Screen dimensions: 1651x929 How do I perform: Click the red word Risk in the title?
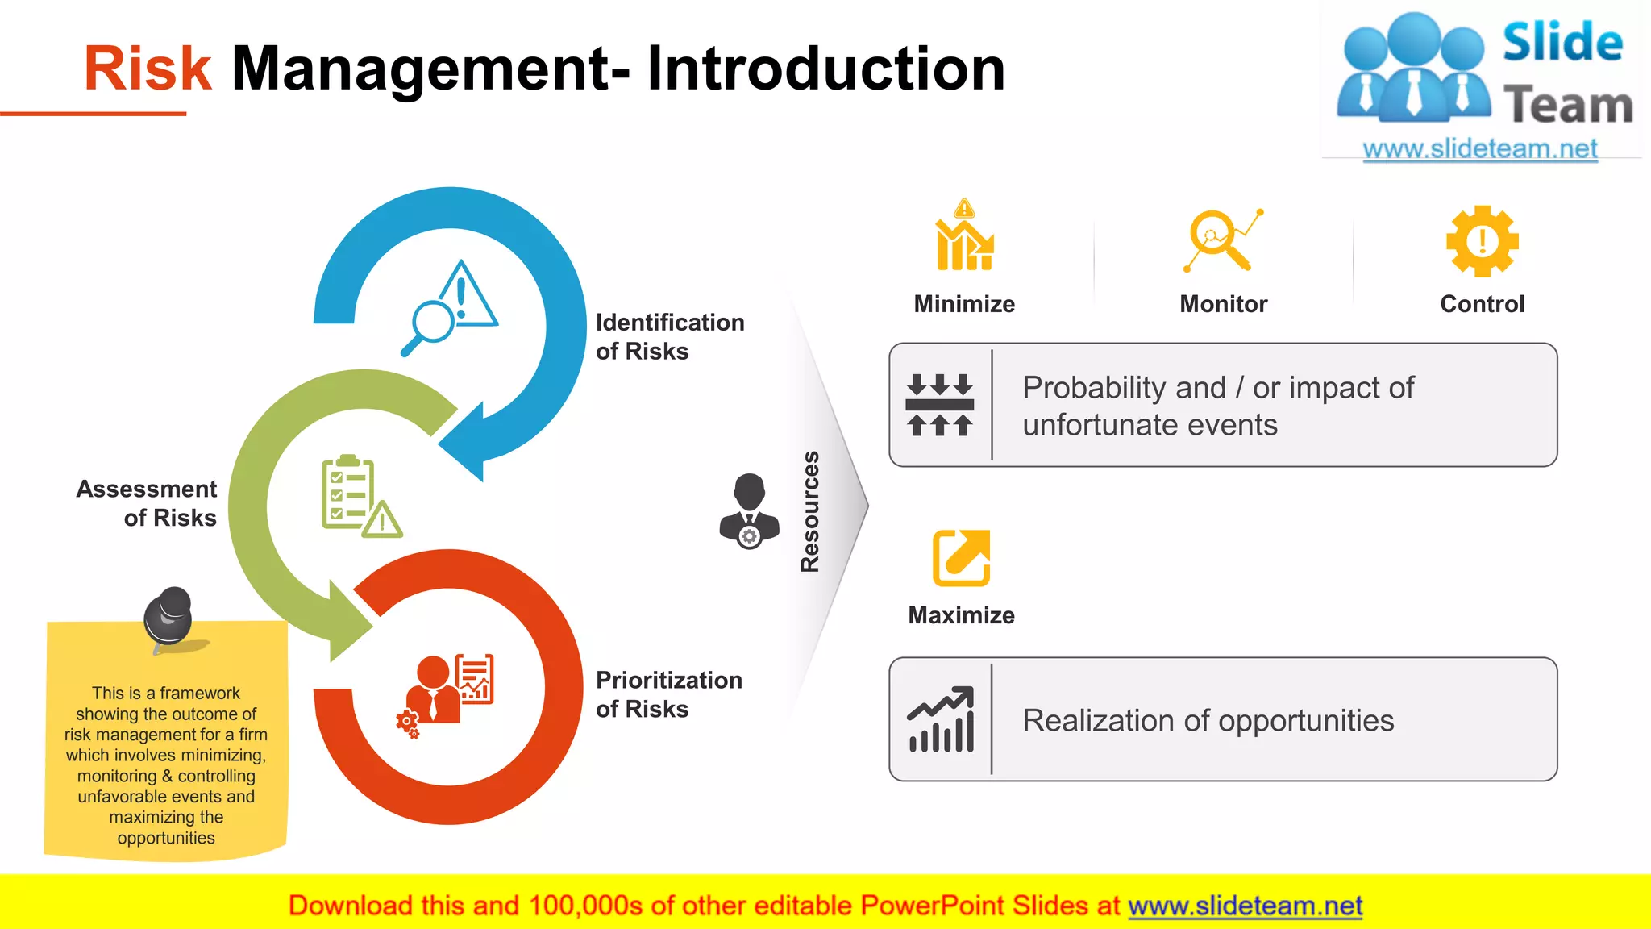(x=148, y=69)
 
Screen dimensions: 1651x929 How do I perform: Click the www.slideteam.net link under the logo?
(x=1479, y=149)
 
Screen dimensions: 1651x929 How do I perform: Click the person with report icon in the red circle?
(x=446, y=691)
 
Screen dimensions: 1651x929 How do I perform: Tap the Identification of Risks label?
(x=669, y=336)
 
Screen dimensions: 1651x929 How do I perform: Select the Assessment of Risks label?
(x=147, y=503)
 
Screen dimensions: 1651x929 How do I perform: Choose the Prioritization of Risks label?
(x=668, y=694)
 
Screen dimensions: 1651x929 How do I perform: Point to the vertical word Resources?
(x=809, y=511)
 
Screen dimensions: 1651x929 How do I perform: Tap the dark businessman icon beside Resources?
(x=749, y=510)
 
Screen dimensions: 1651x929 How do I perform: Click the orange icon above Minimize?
(x=964, y=236)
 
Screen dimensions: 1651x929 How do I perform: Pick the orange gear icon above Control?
(x=1482, y=241)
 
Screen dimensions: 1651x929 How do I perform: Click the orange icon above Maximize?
(x=961, y=558)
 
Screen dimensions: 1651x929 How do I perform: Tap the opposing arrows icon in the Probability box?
(x=940, y=405)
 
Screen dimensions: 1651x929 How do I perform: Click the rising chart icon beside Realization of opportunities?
(x=941, y=719)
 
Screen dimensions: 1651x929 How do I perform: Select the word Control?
(x=1482, y=304)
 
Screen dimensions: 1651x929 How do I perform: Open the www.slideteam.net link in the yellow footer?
(x=1245, y=906)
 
